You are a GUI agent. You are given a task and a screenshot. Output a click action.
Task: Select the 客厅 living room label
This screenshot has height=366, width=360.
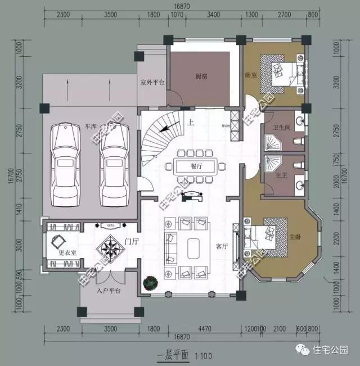(222, 246)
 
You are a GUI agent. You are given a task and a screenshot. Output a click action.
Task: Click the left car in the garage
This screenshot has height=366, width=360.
(66, 165)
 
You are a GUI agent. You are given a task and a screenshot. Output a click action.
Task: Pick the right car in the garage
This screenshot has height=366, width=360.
(116, 165)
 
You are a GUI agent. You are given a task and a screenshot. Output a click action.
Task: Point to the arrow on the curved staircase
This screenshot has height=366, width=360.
(165, 129)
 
